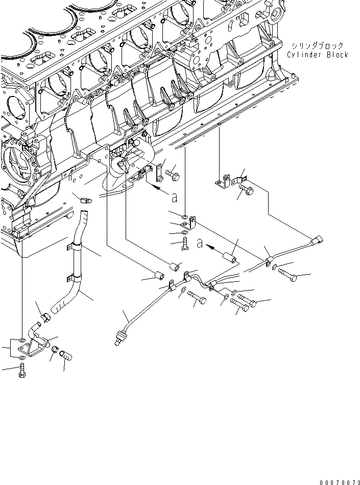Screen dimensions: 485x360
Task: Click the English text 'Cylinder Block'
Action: pos(317,55)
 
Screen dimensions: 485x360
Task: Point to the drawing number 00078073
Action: pos(339,480)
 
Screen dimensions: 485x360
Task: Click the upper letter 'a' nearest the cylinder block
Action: pos(175,197)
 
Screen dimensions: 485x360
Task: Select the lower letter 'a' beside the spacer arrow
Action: pos(200,245)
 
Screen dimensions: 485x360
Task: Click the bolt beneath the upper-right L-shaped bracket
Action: pos(247,191)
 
